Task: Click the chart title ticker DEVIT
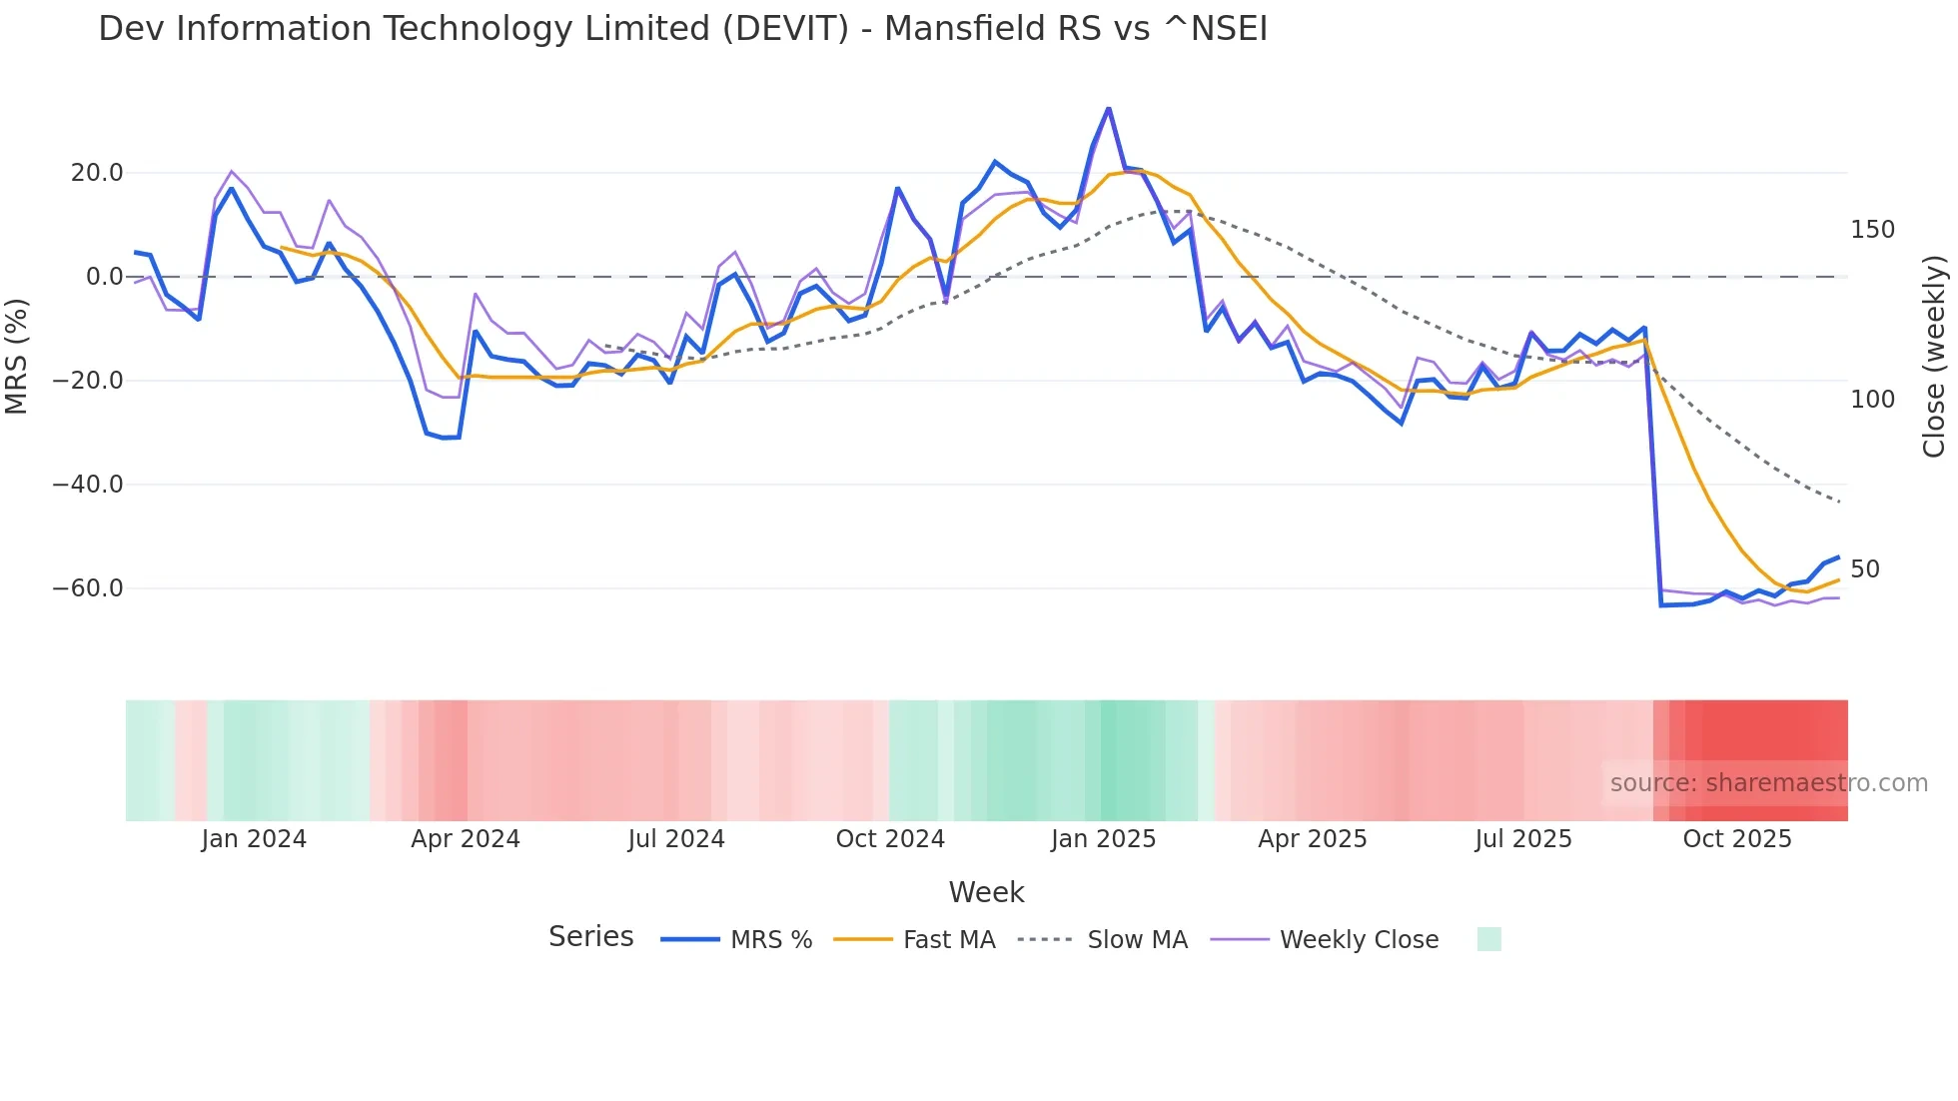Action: coord(785,29)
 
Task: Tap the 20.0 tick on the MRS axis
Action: coord(97,173)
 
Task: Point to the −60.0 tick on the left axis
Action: coord(88,588)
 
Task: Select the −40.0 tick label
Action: coord(88,485)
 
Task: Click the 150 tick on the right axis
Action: coord(1872,230)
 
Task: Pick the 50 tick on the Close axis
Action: coord(1865,569)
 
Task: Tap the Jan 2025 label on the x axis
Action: coord(1103,839)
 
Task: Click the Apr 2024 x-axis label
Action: coord(466,839)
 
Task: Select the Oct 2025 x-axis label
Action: coord(1737,839)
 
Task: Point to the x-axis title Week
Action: coord(986,892)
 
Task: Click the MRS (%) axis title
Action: coord(17,357)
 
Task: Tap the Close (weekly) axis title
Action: coord(1934,357)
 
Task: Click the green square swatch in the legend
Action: coord(1488,939)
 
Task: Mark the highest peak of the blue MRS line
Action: coord(1108,108)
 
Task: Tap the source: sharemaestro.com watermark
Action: coord(1768,783)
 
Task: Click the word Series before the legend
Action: coord(590,937)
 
